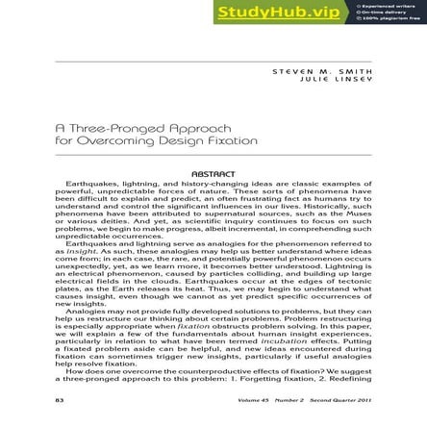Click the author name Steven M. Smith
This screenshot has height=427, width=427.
(x=321, y=72)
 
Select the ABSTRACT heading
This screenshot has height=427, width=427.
(x=213, y=174)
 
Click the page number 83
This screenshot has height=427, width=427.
(x=60, y=400)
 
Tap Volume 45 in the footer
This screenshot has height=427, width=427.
(x=255, y=400)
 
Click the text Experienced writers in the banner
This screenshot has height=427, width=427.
(x=389, y=6)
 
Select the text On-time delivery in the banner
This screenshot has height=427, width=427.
(x=385, y=13)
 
